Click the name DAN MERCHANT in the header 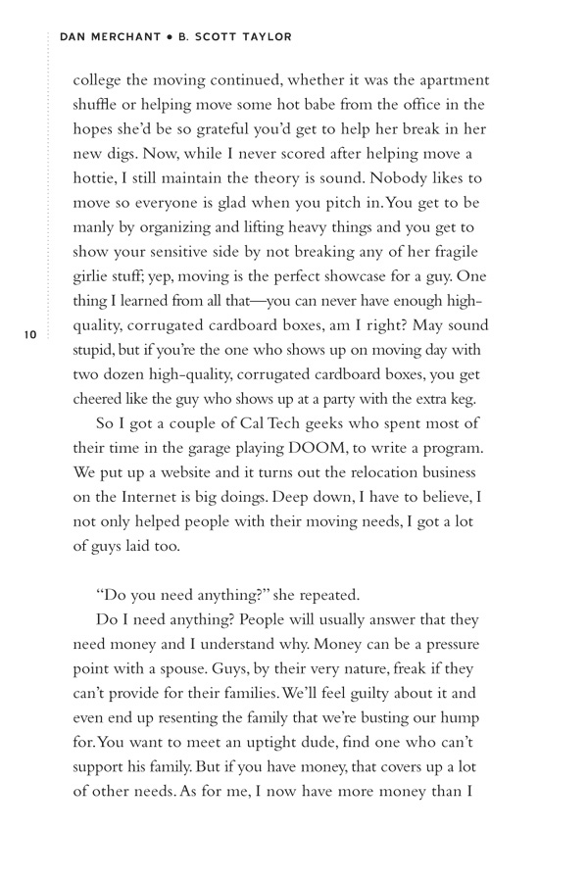pos(110,37)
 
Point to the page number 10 pos(30,335)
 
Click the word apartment pos(442,80)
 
